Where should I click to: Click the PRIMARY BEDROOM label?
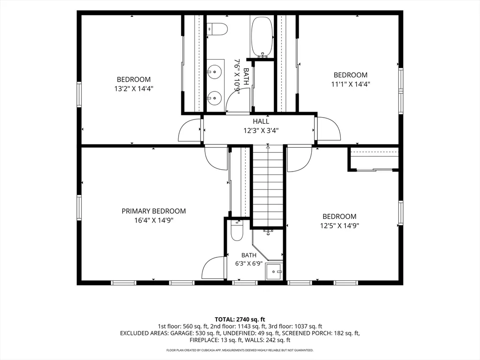(x=154, y=211)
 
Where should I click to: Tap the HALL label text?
(x=261, y=121)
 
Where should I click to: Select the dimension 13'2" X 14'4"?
(x=134, y=89)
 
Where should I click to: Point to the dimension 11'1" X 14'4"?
(x=351, y=84)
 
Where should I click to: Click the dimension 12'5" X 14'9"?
(x=339, y=226)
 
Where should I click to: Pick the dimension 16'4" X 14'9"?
(x=154, y=220)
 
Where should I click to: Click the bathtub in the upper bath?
(x=262, y=37)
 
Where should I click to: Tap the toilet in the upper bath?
(x=217, y=29)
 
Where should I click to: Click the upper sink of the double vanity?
(x=215, y=72)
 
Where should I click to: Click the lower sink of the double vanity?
(x=215, y=98)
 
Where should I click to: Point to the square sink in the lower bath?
(x=274, y=271)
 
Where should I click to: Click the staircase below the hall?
(x=268, y=186)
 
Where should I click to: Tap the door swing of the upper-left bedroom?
(x=190, y=130)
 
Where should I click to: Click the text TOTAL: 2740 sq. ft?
(x=240, y=320)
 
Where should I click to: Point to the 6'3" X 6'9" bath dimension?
(x=249, y=263)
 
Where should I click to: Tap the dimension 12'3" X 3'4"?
(x=261, y=131)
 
